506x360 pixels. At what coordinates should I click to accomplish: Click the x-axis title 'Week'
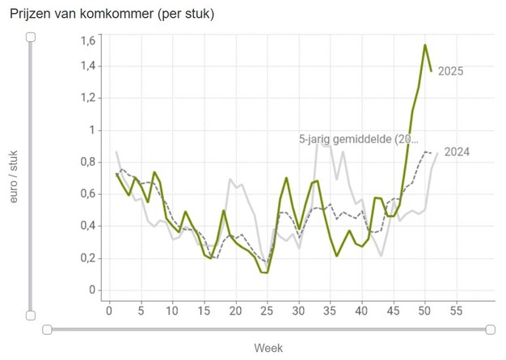(268, 348)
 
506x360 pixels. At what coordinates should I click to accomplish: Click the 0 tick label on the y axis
(92, 290)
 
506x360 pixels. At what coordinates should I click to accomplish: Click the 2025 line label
(450, 72)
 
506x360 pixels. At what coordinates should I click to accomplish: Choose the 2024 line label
(457, 152)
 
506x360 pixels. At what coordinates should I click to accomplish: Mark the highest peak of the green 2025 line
(424, 45)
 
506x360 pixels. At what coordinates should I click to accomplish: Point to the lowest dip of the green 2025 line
(266, 273)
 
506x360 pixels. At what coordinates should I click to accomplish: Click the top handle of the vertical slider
(31, 37)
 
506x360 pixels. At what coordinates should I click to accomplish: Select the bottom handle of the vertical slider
(31, 315)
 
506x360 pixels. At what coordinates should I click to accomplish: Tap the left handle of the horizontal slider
(47, 329)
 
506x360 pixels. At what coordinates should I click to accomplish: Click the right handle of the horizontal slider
(491, 329)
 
